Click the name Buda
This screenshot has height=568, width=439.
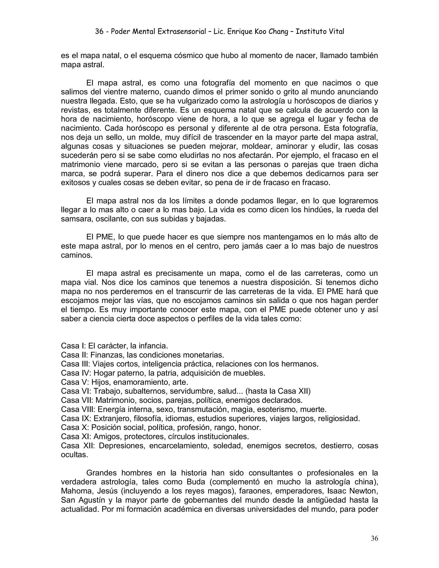tap(196, 482)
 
